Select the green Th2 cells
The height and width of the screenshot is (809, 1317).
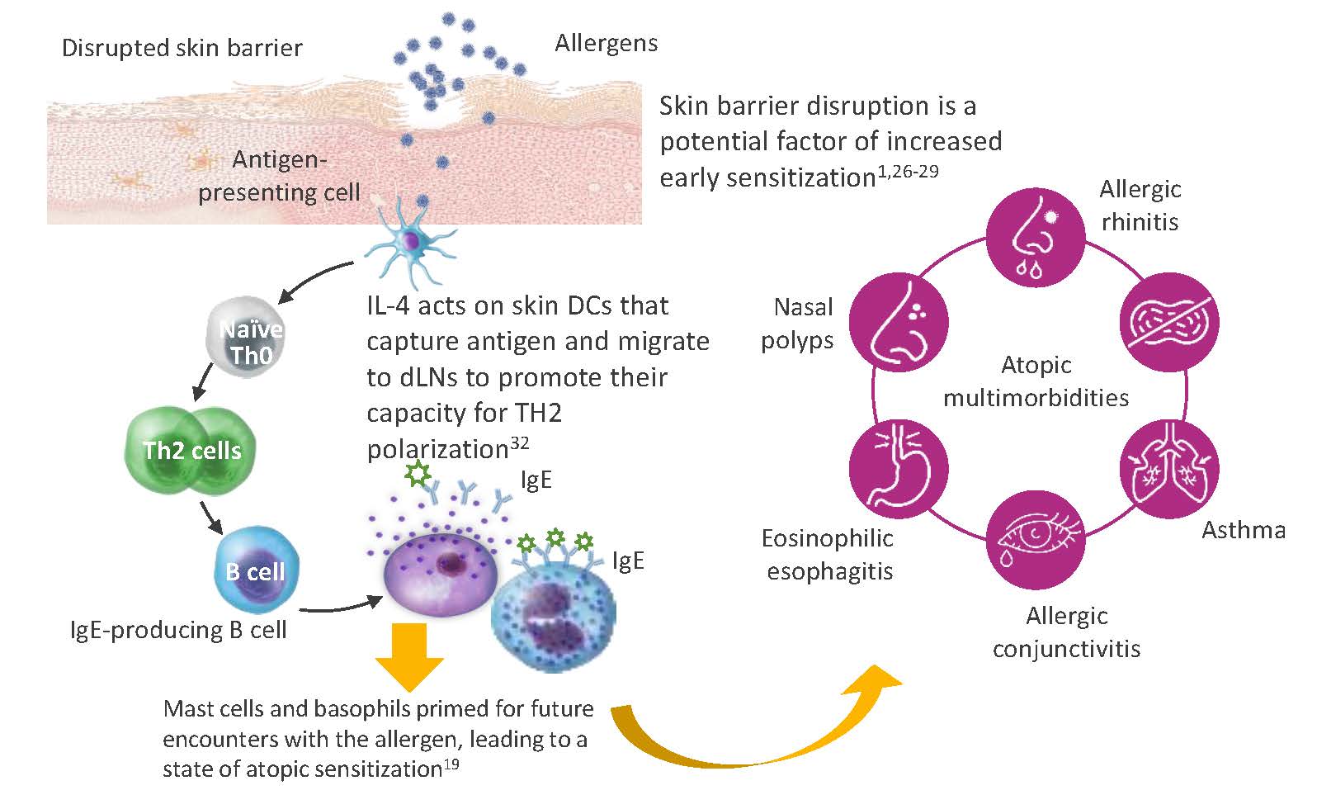pyautogui.click(x=191, y=449)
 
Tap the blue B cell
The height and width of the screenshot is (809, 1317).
pyautogui.click(x=256, y=570)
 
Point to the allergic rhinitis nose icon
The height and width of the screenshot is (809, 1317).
pyautogui.click(x=1036, y=239)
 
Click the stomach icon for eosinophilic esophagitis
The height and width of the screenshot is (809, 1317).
pyautogui.click(x=899, y=469)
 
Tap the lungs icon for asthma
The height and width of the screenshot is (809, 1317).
pyautogui.click(x=1168, y=469)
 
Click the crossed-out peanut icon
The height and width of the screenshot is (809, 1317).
pyautogui.click(x=1168, y=321)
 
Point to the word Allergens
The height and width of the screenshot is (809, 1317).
pyautogui.click(x=606, y=43)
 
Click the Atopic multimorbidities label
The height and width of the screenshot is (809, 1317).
pyautogui.click(x=1036, y=381)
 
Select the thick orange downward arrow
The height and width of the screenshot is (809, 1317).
pyautogui.click(x=409, y=657)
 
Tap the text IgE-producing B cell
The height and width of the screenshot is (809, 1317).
pyautogui.click(x=178, y=630)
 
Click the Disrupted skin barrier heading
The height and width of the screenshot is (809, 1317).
pyautogui.click(x=182, y=48)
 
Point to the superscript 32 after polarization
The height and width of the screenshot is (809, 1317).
pyautogui.click(x=520, y=443)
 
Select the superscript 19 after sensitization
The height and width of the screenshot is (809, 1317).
pyautogui.click(x=451, y=764)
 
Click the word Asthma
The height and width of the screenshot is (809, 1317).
pyautogui.click(x=1243, y=530)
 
